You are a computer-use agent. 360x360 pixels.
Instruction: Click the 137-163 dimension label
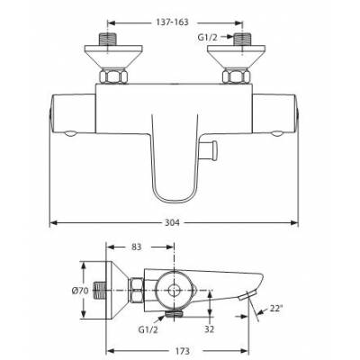click(x=172, y=22)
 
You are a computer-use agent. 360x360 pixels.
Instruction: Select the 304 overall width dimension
click(x=172, y=222)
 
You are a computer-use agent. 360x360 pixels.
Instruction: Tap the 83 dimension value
click(x=136, y=247)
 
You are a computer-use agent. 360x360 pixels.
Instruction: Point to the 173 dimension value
click(x=183, y=351)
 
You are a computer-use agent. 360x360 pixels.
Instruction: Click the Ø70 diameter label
click(x=81, y=291)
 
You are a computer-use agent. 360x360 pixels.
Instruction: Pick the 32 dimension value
click(x=210, y=329)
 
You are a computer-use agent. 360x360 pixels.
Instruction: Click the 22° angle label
click(x=275, y=308)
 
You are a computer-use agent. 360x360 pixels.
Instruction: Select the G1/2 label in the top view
click(x=207, y=37)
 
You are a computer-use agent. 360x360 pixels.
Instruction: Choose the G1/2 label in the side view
click(x=148, y=329)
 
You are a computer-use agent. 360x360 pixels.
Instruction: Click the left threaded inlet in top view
click(x=107, y=40)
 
